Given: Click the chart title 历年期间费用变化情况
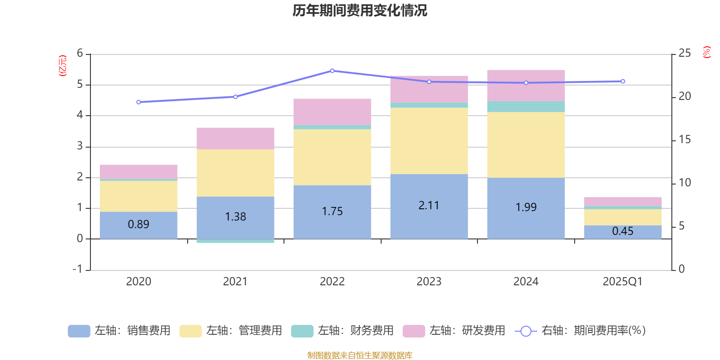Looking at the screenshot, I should tap(360, 10).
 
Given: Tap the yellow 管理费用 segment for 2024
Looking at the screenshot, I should tap(526, 144).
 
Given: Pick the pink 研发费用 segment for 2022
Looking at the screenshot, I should tap(332, 112).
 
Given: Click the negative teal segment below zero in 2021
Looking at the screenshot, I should tap(235, 241).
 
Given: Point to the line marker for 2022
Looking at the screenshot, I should tap(332, 71).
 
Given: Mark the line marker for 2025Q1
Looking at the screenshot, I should tap(623, 81).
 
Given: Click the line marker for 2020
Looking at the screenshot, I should tap(139, 102).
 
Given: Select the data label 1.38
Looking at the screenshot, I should tap(235, 217).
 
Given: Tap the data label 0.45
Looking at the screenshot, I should tap(623, 231).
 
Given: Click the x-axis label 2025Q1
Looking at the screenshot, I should tap(622, 282).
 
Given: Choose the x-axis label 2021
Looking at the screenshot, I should tap(235, 282).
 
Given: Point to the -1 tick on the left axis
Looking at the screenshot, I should tap(78, 269).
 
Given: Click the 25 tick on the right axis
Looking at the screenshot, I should tap(684, 54).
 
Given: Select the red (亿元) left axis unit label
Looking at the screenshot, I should tap(63, 66).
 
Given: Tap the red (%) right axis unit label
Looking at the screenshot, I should tap(707, 52).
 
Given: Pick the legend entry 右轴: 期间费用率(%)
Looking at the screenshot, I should tap(593, 331).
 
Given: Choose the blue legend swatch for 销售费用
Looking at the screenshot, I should tap(79, 331).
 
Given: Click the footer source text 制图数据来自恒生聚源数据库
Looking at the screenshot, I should tap(360, 355).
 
